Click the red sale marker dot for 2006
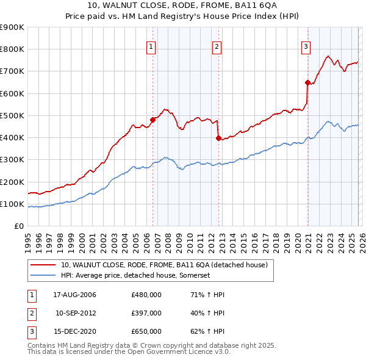coord(153,120)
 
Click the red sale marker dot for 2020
coord(307,82)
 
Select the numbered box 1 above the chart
coord(151,45)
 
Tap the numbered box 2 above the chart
coord(217,45)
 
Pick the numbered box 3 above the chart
coord(306,45)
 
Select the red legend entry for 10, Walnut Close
coord(163,265)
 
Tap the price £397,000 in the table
coord(146,313)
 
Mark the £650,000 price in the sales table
coord(146,331)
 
